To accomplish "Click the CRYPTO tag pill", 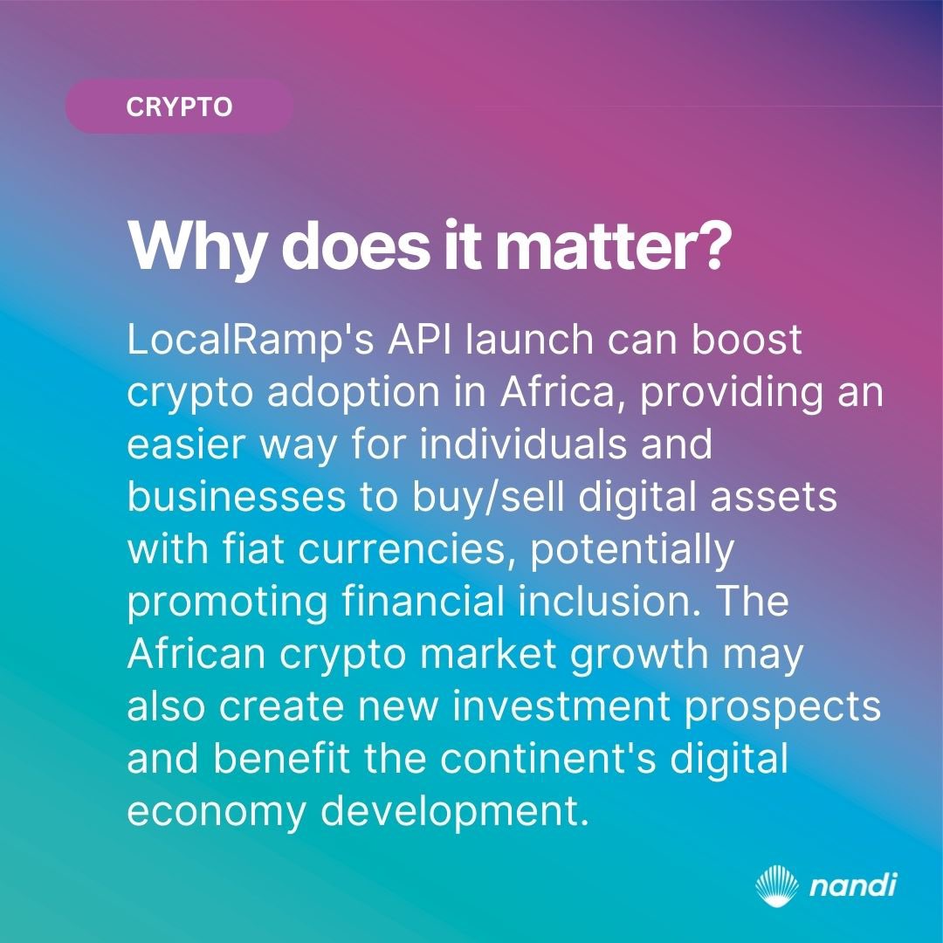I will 179,107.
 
